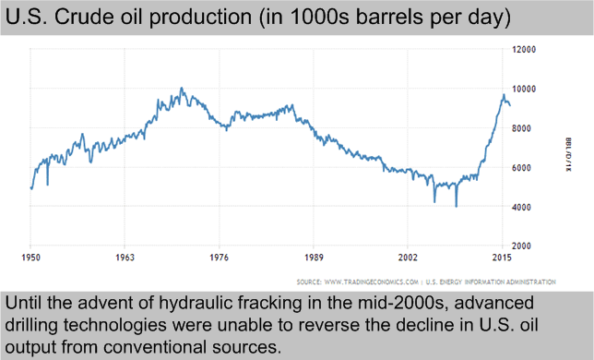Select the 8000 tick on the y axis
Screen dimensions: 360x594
[527, 128]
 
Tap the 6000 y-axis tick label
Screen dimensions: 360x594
[527, 167]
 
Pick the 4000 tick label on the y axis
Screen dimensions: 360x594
[527, 207]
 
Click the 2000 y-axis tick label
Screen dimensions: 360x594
[527, 246]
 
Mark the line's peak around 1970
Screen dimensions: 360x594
[181, 89]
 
